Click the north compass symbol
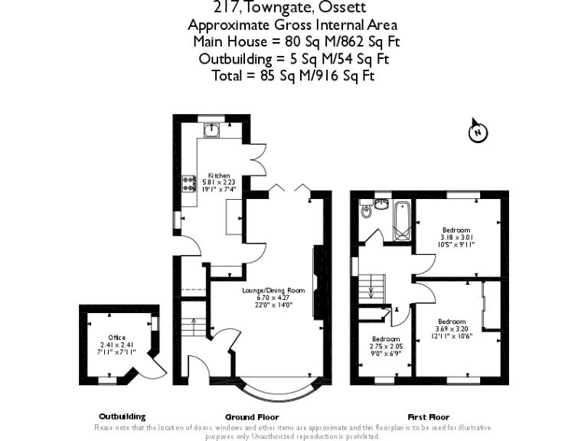tap(477, 132)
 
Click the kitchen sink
tap(212, 130)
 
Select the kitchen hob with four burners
tap(187, 183)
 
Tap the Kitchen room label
tap(219, 175)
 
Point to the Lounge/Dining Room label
tap(273, 291)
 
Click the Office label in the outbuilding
tap(116, 338)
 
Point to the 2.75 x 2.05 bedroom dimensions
tap(386, 346)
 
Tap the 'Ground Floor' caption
tap(247, 416)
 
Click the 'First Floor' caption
tap(430, 416)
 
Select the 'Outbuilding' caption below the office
tap(122, 416)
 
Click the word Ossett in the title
tap(343, 8)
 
